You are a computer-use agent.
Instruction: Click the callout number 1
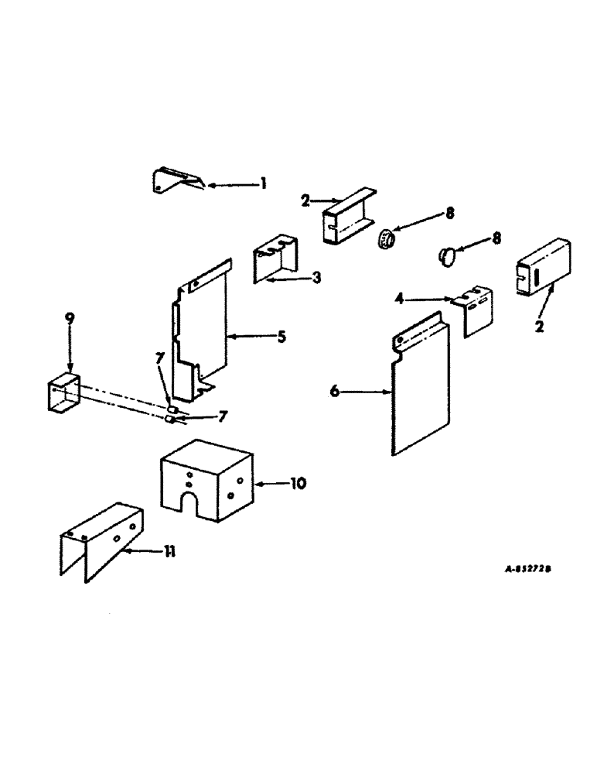tap(263, 183)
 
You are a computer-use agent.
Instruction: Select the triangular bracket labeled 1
tap(172, 181)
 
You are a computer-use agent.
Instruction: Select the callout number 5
tap(281, 337)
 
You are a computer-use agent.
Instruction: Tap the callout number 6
tap(334, 392)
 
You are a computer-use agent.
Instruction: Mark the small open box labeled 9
tap(64, 396)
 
